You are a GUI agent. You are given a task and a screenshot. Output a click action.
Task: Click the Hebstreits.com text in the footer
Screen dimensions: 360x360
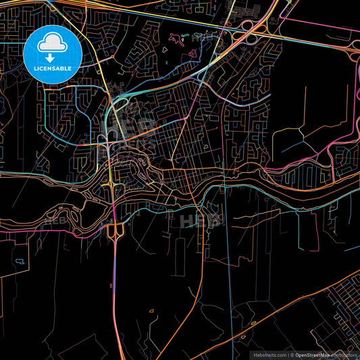[x=269, y=355]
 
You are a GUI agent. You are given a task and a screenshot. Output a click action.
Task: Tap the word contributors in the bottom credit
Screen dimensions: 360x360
[x=344, y=355]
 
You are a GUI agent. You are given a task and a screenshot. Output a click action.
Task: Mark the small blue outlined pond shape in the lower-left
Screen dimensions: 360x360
[x=20, y=260]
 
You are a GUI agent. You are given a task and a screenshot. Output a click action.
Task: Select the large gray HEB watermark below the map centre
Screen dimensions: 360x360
[x=200, y=219]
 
